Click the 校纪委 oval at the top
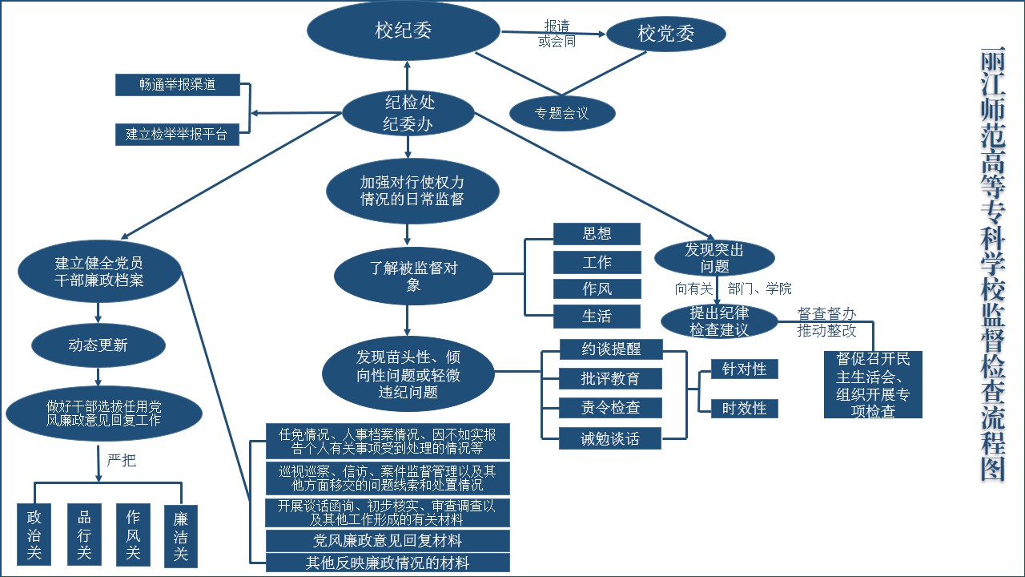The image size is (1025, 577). pyautogui.click(x=404, y=31)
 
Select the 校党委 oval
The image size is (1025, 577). pyautogui.click(x=666, y=34)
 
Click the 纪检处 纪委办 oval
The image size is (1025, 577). pyautogui.click(x=409, y=112)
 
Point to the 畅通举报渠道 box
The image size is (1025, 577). pyautogui.click(x=177, y=84)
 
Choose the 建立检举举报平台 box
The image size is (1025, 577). pyautogui.click(x=177, y=134)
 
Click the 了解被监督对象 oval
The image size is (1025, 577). pyautogui.click(x=413, y=276)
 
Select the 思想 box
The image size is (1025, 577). pyautogui.click(x=597, y=233)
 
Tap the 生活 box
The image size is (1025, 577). pyautogui.click(x=597, y=316)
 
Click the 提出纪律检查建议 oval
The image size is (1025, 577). pyautogui.click(x=719, y=321)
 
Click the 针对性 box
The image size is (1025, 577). pyautogui.click(x=744, y=369)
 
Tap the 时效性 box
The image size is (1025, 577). pyautogui.click(x=744, y=408)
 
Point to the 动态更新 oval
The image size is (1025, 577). pyautogui.click(x=98, y=345)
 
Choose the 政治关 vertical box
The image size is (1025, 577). pyautogui.click(x=34, y=535)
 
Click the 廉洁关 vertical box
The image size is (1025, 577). pyautogui.click(x=181, y=535)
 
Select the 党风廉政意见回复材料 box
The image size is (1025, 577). pyautogui.click(x=388, y=540)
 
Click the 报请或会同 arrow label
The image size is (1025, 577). pyautogui.click(x=557, y=34)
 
